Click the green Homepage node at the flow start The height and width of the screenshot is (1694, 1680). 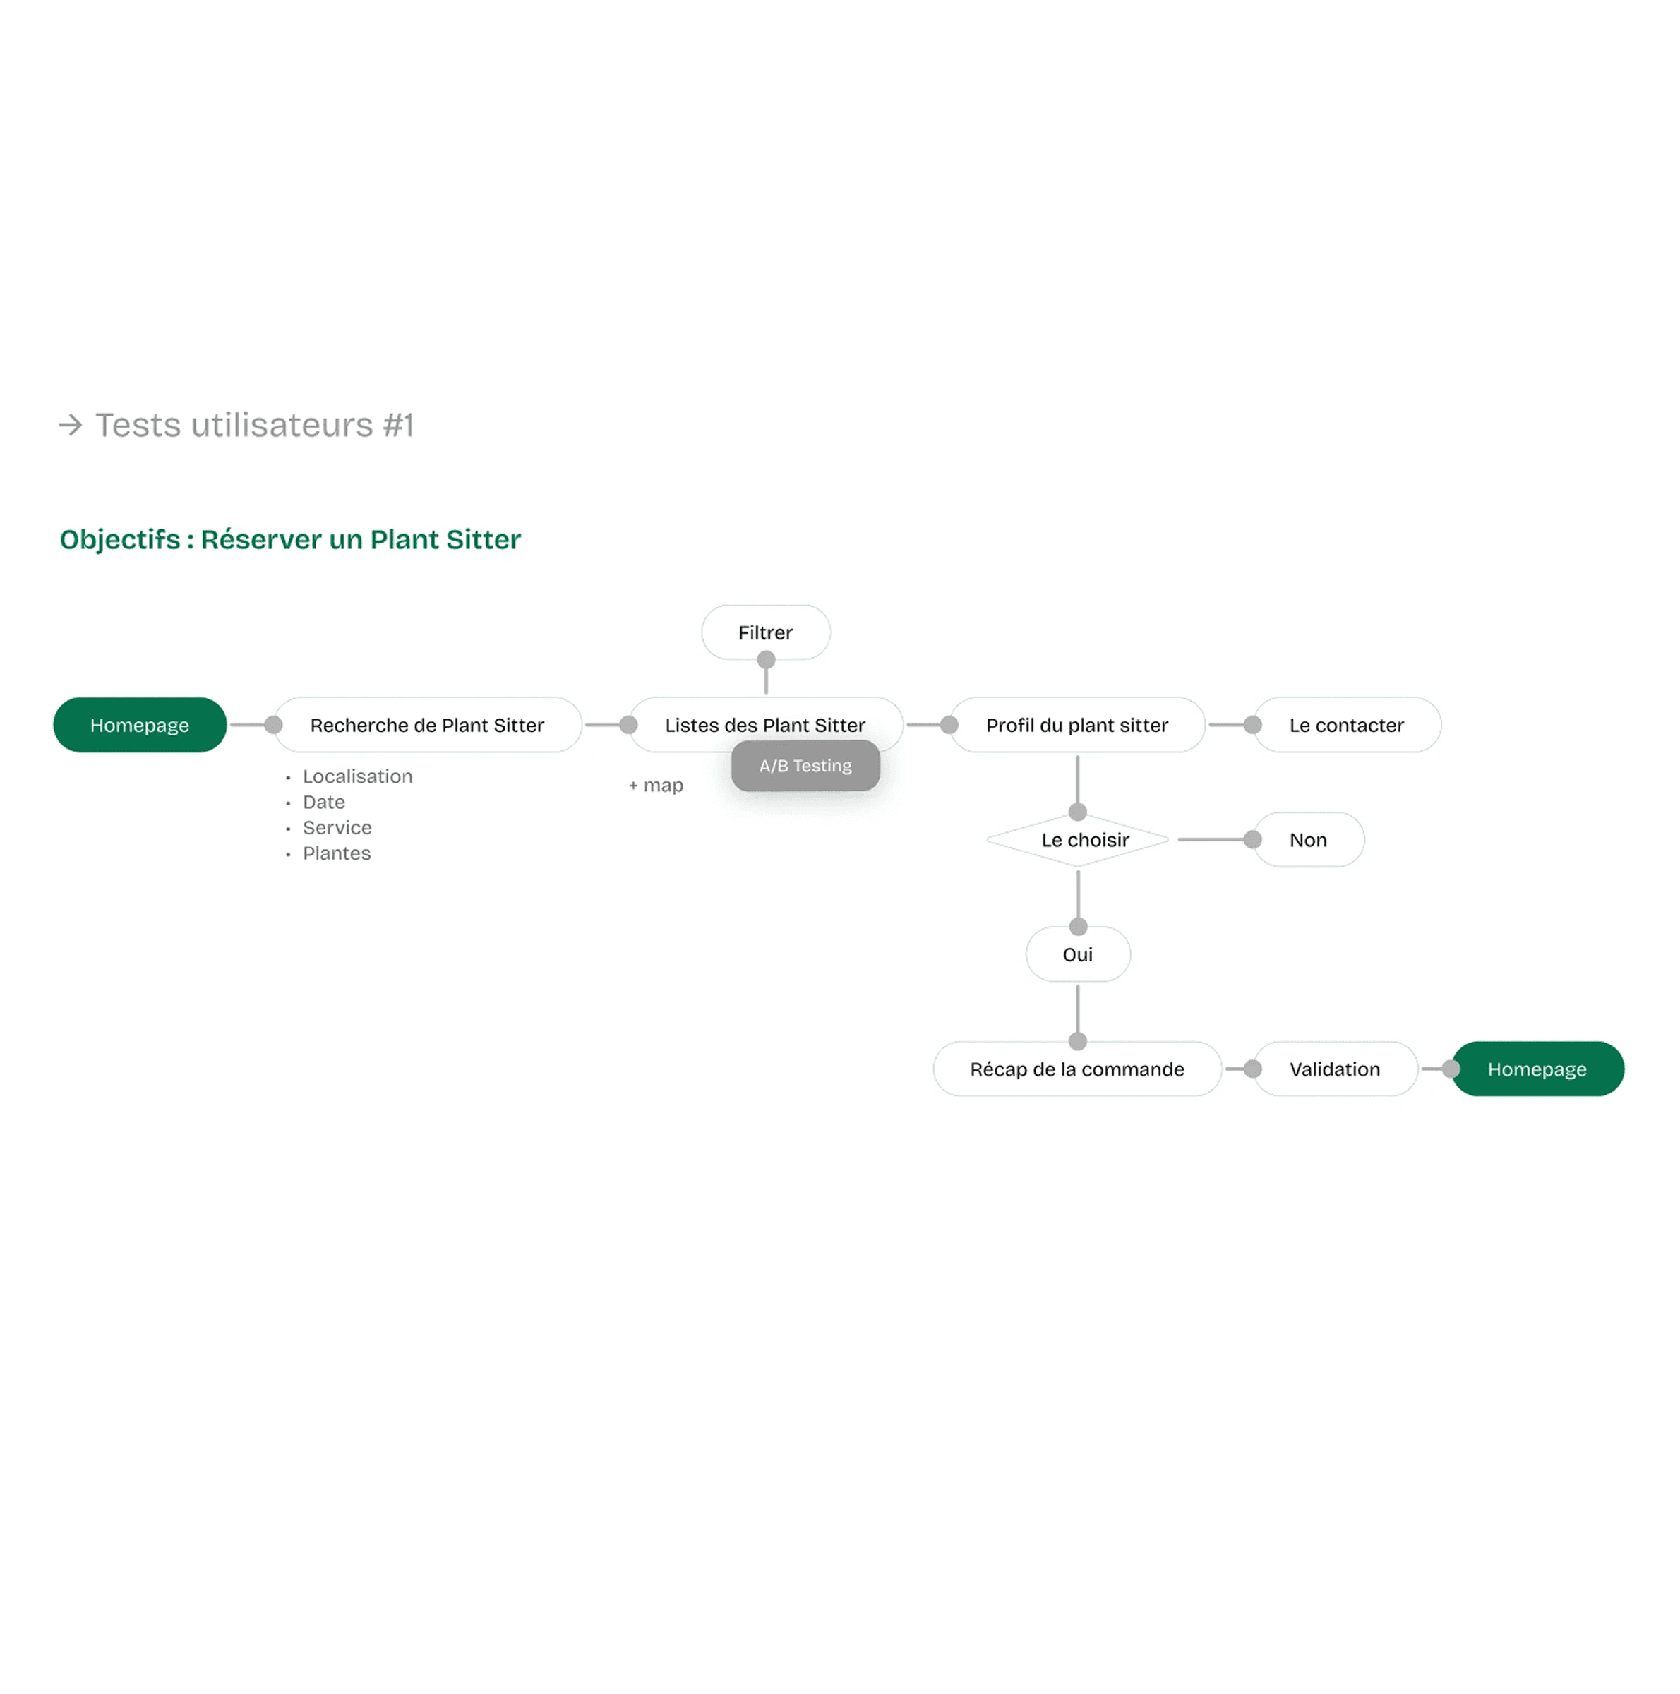tap(140, 725)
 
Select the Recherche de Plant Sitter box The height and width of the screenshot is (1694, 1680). tap(427, 725)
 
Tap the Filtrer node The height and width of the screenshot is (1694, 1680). tap(764, 632)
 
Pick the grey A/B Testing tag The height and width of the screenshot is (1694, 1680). tap(805, 765)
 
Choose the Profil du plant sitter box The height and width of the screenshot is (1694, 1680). tap(1076, 725)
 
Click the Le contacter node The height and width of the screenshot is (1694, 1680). tap(1346, 725)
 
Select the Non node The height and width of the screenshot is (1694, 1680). tap(1307, 840)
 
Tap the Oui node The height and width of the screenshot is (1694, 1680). tap(1078, 955)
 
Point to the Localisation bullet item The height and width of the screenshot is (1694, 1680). tap(357, 777)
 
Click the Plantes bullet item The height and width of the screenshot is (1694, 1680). tap(337, 854)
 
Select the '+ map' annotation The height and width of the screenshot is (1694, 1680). tap(656, 786)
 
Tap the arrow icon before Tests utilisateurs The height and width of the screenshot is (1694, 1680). tap(70, 425)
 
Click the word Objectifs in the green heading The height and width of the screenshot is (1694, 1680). tap(120, 539)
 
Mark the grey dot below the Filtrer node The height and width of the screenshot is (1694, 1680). tap(765, 659)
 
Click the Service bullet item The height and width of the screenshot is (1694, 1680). tap(337, 828)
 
